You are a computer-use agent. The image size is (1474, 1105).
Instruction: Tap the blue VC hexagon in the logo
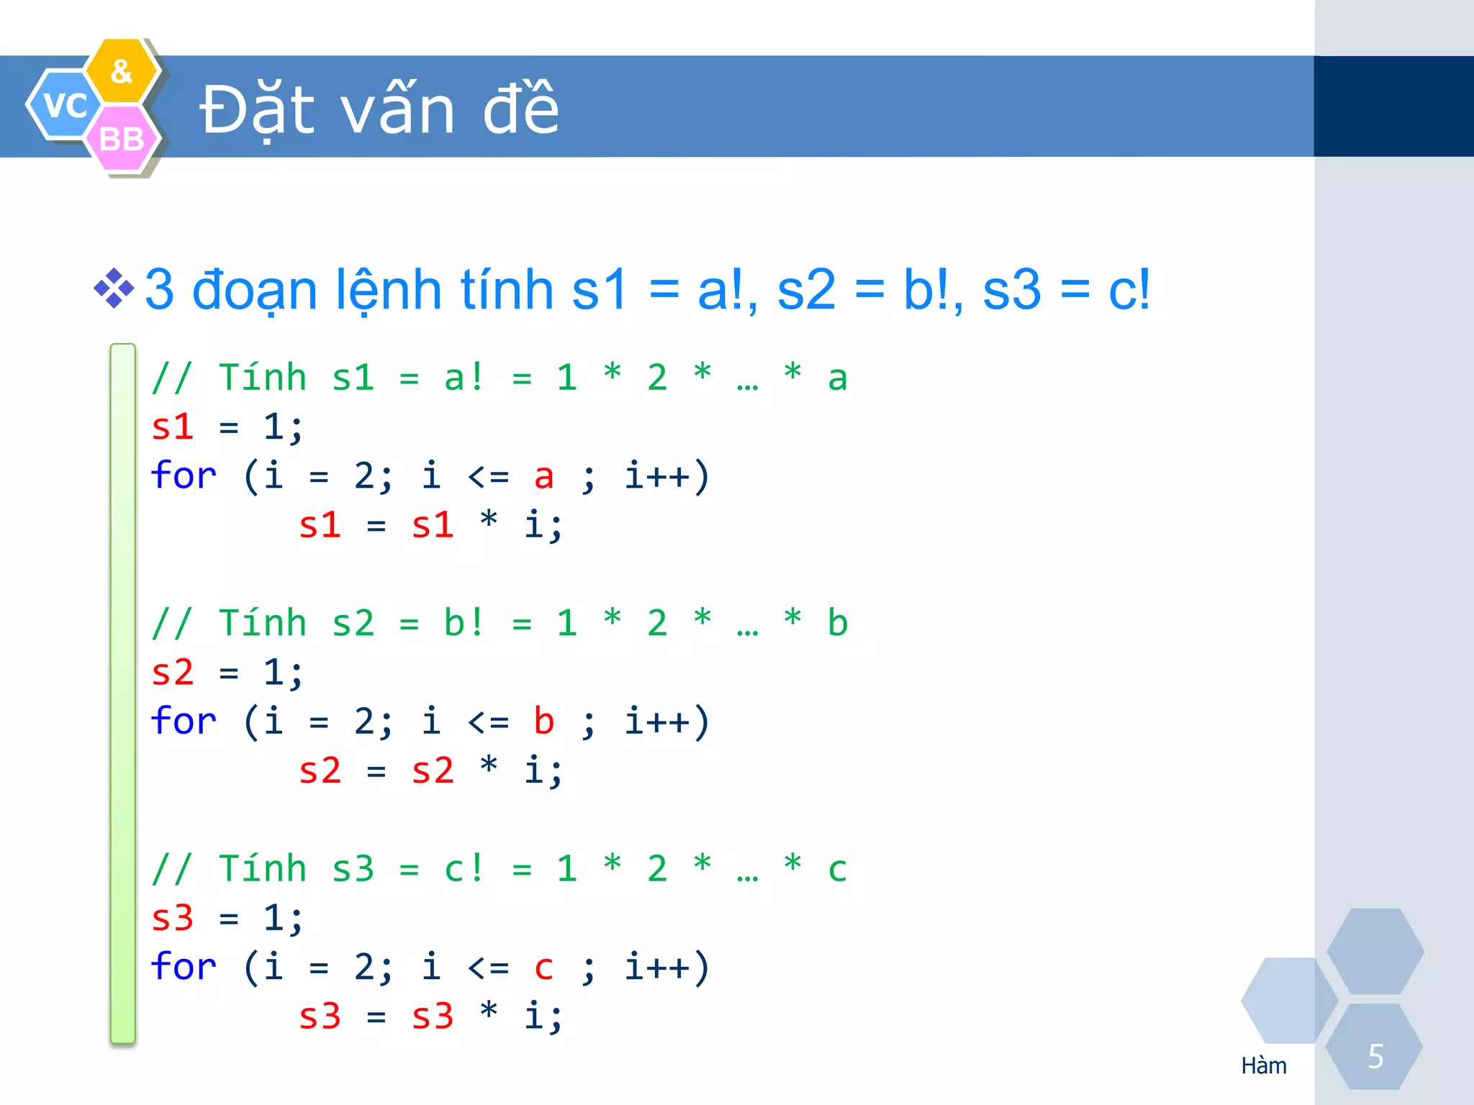(x=65, y=105)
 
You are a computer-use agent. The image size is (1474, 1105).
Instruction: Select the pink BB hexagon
(x=122, y=139)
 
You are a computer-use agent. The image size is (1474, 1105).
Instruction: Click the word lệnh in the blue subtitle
(x=389, y=290)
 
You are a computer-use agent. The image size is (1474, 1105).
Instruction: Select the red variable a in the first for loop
(x=544, y=476)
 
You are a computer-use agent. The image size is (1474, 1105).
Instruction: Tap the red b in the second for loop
(x=544, y=722)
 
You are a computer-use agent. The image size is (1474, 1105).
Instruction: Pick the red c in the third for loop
(x=544, y=967)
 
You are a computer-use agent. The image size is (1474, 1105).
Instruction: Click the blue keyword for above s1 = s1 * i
(x=184, y=476)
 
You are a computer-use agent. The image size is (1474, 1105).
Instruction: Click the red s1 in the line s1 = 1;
(x=173, y=427)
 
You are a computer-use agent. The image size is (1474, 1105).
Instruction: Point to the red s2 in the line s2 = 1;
(x=173, y=673)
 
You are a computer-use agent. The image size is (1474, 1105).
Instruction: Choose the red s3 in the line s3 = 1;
(x=173, y=918)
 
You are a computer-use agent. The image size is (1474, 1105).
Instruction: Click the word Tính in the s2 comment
(x=263, y=623)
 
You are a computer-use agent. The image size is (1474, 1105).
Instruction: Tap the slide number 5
(x=1375, y=1057)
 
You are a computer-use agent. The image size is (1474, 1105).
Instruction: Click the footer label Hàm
(x=1264, y=1065)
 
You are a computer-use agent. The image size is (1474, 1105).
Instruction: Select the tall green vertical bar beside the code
(x=123, y=693)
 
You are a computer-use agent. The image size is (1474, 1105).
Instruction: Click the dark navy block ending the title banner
(x=1393, y=106)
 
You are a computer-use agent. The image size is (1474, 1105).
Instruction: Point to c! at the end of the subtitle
(x=1129, y=290)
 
